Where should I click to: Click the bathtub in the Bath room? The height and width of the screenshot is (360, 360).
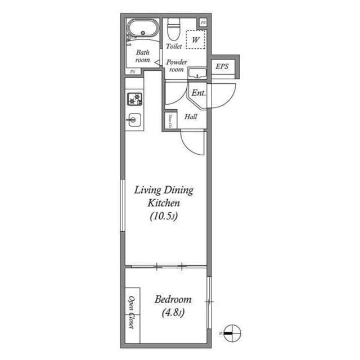coord(143,28)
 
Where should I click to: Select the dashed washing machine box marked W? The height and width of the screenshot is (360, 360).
coord(196,40)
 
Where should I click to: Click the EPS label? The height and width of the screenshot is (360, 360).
coord(222,66)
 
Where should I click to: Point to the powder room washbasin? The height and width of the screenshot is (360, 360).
coord(197,73)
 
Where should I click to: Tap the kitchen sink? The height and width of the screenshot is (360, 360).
coord(134,119)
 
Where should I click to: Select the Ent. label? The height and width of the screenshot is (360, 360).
coord(198,93)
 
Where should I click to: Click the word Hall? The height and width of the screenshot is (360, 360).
coord(191,117)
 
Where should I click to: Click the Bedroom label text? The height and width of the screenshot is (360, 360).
coord(173,300)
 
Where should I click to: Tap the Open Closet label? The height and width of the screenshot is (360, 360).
coord(132,312)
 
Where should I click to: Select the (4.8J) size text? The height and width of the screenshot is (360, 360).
coord(173,313)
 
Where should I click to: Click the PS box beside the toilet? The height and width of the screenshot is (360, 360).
coord(203,22)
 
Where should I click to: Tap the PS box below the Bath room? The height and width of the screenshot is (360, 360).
coord(133,72)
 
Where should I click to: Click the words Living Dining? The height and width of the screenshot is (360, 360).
coord(163,190)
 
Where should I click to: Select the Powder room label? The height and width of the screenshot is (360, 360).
coord(176,66)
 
